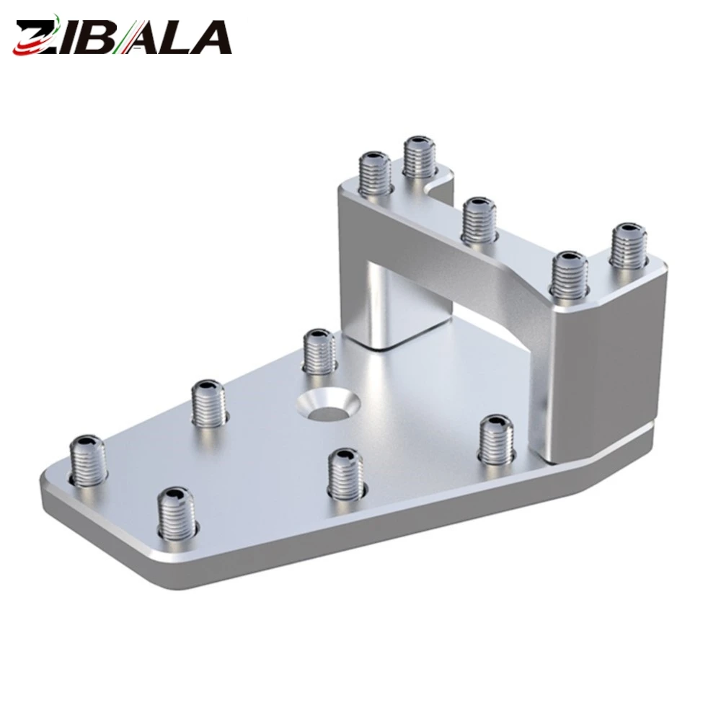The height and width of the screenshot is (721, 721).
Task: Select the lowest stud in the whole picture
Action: tap(176, 513)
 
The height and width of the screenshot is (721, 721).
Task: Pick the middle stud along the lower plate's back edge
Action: tap(209, 402)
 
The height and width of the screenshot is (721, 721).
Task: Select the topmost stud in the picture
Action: tap(419, 157)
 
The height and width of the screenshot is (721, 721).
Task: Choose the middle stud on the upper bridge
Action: tap(479, 220)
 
